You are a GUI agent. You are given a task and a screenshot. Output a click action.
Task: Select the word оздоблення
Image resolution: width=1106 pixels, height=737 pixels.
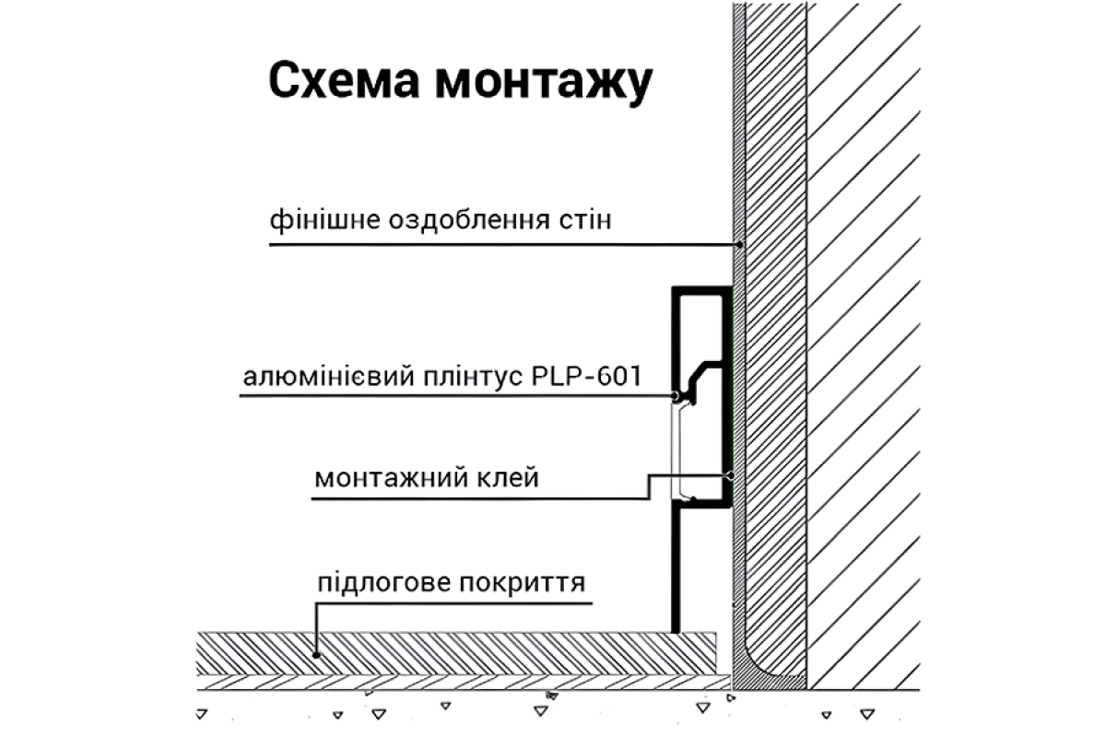pyautogui.click(x=453, y=222)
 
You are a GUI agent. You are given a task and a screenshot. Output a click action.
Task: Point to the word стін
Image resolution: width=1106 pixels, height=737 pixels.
pyautogui.click(x=578, y=222)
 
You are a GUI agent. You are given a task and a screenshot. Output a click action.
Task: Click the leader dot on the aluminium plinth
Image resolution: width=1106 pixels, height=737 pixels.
pyautogui.click(x=676, y=396)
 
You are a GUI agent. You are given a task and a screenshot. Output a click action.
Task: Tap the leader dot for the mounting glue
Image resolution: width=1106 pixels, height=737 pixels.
pyautogui.click(x=729, y=476)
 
